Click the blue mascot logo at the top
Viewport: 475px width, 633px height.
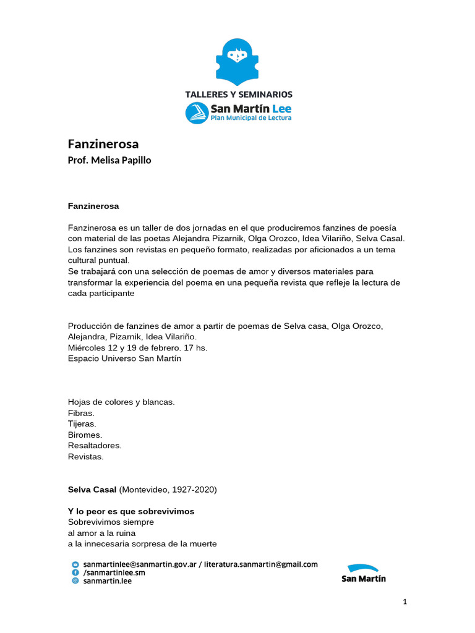click(x=238, y=62)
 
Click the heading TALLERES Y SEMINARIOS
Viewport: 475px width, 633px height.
click(x=239, y=95)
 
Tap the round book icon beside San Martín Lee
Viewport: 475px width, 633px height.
click(x=197, y=113)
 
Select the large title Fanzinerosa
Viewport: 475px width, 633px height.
click(x=103, y=144)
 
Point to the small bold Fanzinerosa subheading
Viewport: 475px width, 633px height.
click(x=93, y=205)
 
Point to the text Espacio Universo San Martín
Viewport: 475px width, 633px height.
click(x=124, y=359)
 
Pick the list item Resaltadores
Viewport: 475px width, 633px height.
click(x=95, y=446)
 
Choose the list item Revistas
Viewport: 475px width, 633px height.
click(x=86, y=457)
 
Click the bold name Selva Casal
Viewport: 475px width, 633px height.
click(x=92, y=490)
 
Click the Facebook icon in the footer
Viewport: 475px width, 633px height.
click(x=76, y=572)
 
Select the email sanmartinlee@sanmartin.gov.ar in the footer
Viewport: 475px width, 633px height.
click(x=140, y=564)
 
